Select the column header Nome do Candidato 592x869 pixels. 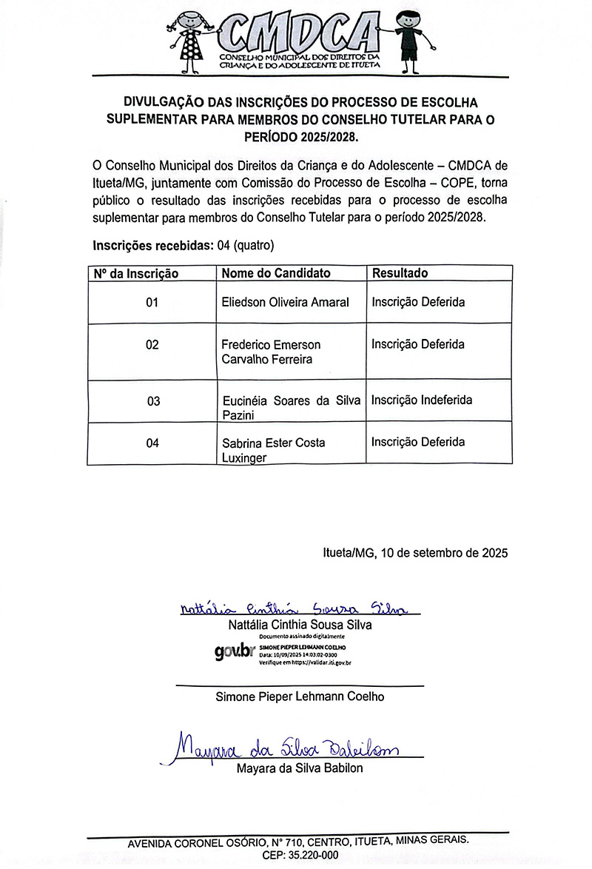(276, 273)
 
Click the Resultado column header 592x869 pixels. (400, 273)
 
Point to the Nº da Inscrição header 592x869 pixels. (136, 274)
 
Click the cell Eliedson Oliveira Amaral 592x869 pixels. (286, 302)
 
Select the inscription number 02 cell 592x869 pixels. (152, 345)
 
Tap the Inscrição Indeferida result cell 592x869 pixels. (422, 400)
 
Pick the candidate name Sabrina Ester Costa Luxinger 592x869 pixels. (274, 450)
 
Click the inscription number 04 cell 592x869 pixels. (152, 443)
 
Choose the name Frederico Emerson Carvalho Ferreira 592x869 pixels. (271, 352)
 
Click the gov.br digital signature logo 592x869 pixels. (234, 653)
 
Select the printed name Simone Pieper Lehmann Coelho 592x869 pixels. (300, 697)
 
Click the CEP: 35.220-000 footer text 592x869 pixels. (300, 855)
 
